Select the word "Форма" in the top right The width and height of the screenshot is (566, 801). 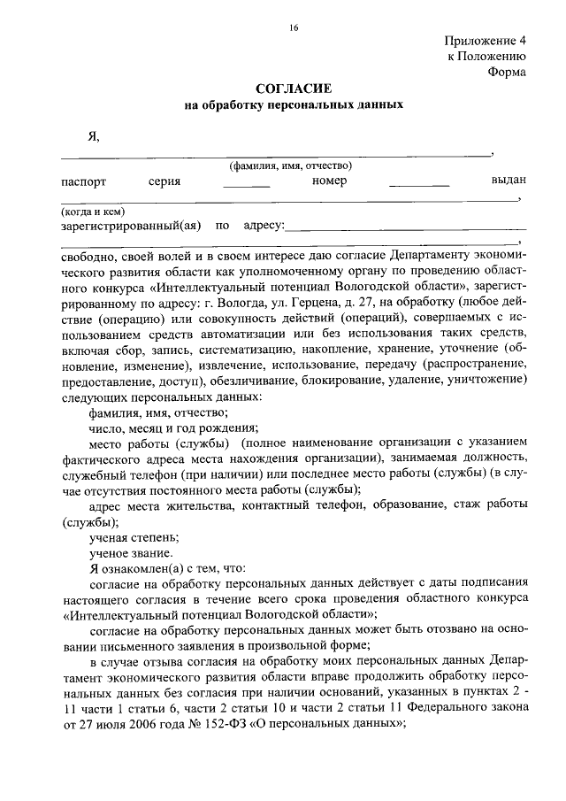pyautogui.click(x=507, y=73)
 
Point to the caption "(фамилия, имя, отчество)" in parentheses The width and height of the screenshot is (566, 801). pyautogui.click(x=291, y=166)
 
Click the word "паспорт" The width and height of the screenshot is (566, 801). pyautogui.click(x=83, y=181)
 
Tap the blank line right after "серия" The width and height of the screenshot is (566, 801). pyautogui.click(x=246, y=186)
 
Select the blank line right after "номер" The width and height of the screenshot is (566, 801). pyautogui.click(x=419, y=186)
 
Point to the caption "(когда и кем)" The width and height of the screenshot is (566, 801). pyautogui.click(x=91, y=212)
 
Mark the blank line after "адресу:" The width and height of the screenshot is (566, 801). pyautogui.click(x=406, y=229)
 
